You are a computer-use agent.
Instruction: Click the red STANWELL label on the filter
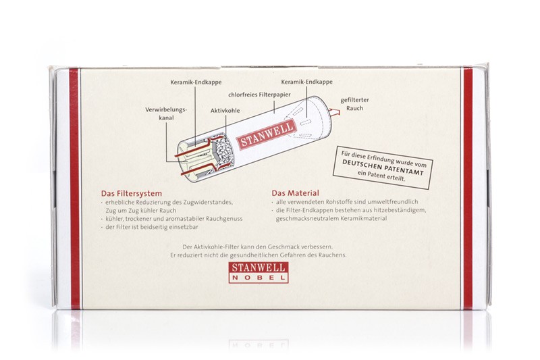point(267,134)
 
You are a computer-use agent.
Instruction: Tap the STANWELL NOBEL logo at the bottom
point(259,272)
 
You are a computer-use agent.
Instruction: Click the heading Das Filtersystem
point(131,194)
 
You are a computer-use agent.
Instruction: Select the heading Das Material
point(295,193)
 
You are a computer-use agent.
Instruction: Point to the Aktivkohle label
point(225,111)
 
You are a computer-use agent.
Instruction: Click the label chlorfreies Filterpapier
point(259,95)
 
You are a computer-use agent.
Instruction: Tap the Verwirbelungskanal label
point(166,113)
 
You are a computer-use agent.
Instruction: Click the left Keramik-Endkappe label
point(196,82)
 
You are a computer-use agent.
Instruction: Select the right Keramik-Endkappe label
point(307,82)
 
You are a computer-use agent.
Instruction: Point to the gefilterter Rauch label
point(355,104)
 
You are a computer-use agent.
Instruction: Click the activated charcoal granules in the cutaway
point(224,150)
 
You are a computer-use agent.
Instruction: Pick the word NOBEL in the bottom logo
point(259,278)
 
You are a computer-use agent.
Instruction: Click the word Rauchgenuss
point(224,219)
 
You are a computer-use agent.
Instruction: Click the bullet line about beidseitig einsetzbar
point(150,227)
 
